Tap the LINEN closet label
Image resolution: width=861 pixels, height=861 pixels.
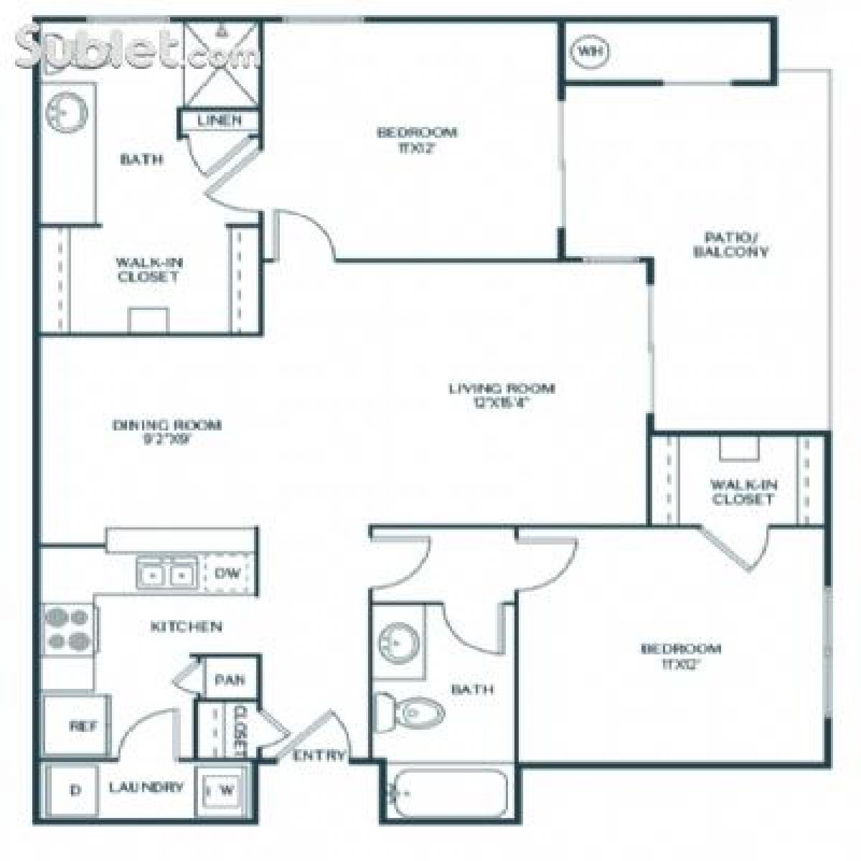click(x=220, y=120)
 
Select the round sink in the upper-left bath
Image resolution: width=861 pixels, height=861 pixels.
click(x=66, y=112)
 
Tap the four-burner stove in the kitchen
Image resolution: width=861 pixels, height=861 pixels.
click(x=68, y=629)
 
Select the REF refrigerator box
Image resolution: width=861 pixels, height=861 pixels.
click(x=77, y=725)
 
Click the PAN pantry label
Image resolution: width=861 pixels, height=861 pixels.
click(x=230, y=679)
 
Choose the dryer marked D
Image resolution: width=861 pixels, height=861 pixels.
click(x=75, y=790)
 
